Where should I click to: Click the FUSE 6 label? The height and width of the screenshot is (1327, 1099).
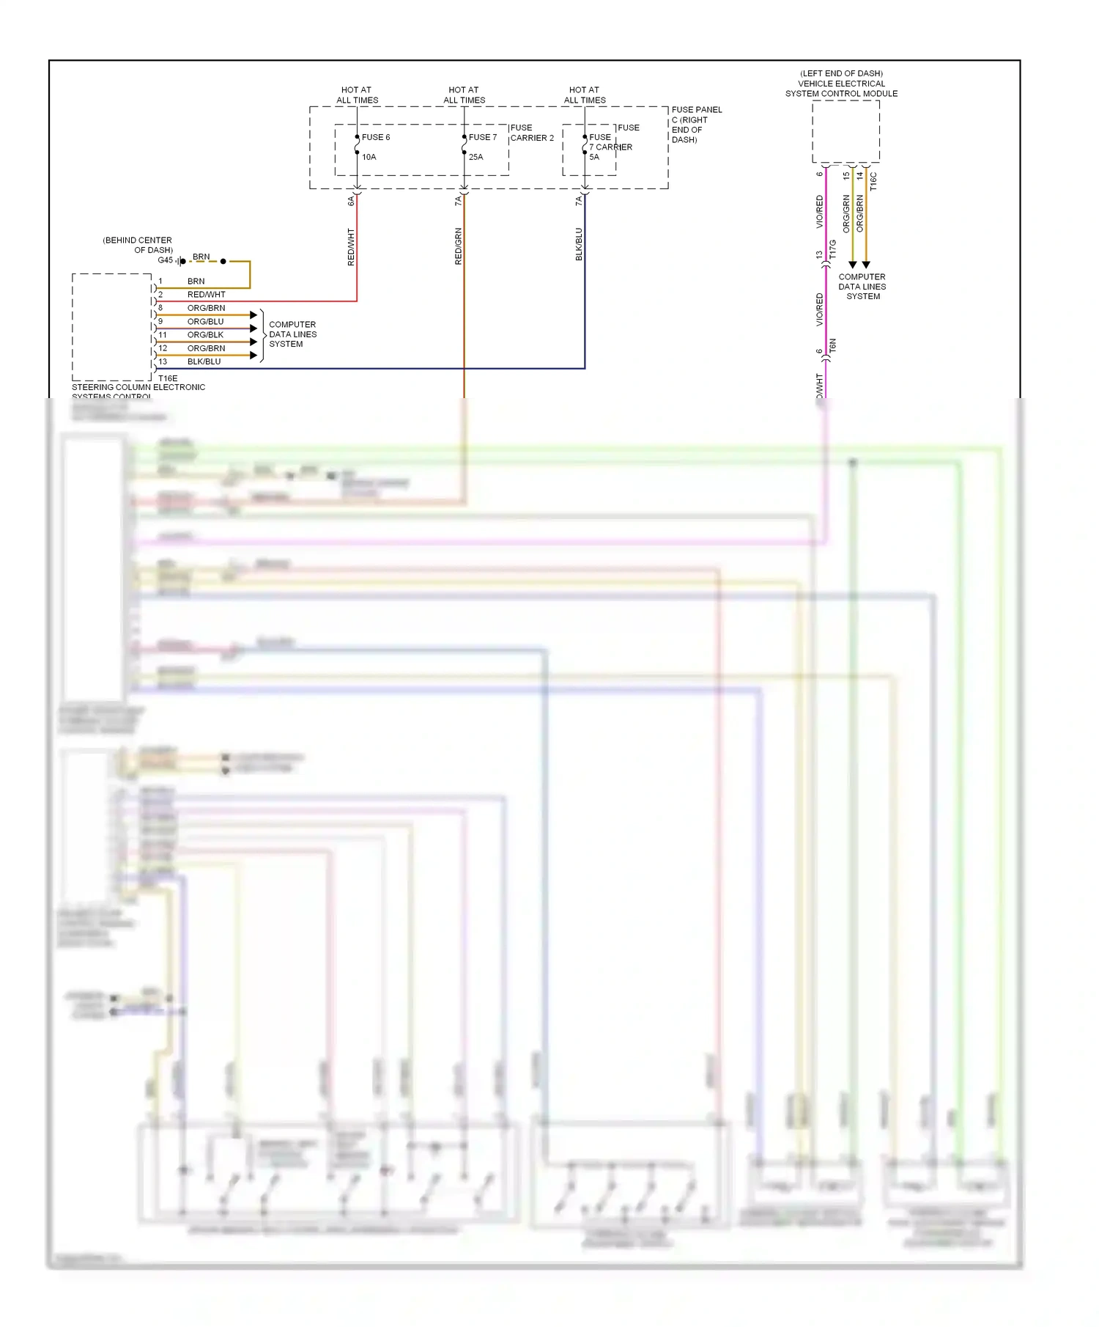(375, 137)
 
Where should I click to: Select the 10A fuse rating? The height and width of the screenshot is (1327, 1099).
(369, 157)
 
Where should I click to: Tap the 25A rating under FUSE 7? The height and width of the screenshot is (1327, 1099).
(476, 157)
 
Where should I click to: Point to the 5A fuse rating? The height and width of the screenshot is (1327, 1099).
(594, 157)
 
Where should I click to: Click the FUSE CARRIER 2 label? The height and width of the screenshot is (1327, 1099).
(532, 133)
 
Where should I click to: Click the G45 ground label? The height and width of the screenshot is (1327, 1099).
(165, 260)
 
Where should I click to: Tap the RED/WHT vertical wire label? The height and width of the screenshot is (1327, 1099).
(351, 246)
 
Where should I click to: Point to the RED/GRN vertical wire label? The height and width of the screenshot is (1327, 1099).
(459, 246)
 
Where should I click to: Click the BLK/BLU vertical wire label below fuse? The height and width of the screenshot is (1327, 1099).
(579, 244)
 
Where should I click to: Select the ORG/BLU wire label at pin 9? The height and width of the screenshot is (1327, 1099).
(205, 321)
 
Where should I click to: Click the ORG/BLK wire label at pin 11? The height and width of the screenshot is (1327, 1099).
(205, 334)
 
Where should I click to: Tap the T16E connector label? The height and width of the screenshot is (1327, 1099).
(168, 378)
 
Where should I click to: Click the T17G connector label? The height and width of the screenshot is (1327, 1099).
(833, 249)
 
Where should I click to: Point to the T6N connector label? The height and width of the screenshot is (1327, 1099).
(833, 345)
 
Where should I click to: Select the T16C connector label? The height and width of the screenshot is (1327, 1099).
(873, 182)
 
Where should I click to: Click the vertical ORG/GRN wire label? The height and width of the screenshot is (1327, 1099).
(846, 213)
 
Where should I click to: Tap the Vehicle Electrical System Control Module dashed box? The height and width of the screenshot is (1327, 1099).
(845, 132)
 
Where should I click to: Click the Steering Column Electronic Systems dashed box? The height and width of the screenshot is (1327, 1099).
(111, 327)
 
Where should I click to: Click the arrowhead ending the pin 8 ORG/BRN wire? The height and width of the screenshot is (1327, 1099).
(254, 315)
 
